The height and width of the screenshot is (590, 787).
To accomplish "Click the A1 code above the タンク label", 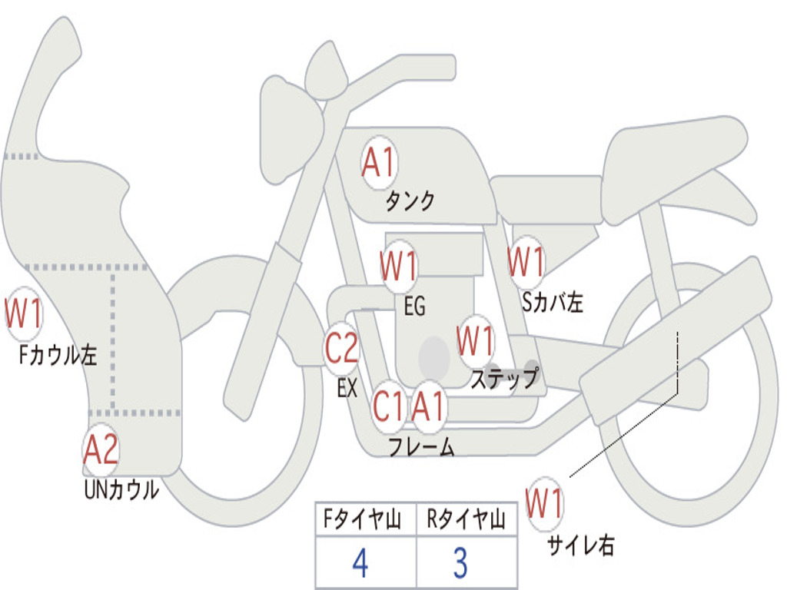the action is point(378,162).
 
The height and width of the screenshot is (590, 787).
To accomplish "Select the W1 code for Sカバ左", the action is point(526,262).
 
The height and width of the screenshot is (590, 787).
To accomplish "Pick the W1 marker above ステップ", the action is point(475,340).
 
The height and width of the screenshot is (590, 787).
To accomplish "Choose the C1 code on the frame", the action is point(388,406).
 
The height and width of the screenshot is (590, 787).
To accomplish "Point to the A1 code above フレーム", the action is point(427,406).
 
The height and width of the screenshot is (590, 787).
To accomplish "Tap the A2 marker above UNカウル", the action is point(101,450).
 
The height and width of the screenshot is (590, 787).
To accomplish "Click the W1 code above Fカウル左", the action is point(24,313).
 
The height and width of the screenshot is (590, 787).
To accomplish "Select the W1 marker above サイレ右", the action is point(545,504).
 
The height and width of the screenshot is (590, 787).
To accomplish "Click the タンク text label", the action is point(410,201).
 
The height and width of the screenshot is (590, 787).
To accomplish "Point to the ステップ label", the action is point(503,380).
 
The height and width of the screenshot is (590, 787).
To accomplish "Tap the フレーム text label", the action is point(420,447).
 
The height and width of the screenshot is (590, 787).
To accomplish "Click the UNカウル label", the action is point(121,489).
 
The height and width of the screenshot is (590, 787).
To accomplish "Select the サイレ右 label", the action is point(580,545).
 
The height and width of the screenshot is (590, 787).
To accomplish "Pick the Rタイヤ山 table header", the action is point(466,521).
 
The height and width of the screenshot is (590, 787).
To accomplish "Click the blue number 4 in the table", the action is point(360,564).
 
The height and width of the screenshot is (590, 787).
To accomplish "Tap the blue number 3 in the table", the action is point(460,564).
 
